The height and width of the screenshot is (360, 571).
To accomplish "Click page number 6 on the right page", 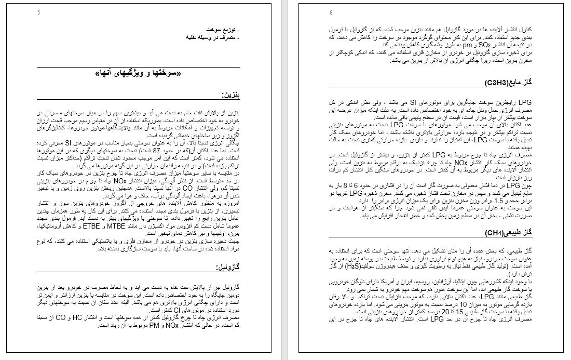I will pyautogui.click(x=331, y=12).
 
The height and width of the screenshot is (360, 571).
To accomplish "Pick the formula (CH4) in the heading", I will pyautogui.click(x=495, y=233).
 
